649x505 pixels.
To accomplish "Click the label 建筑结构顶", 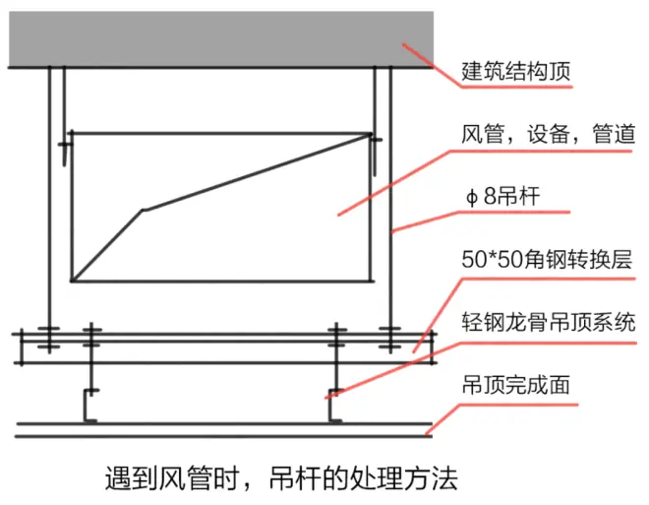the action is click(515, 71).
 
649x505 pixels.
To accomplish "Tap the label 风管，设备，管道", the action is click(548, 134).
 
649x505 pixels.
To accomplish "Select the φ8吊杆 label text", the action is click(502, 196).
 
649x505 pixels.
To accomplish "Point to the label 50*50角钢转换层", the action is click(547, 260).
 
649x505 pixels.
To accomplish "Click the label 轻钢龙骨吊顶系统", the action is click(548, 322).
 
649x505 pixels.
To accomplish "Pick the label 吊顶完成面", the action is click(515, 385).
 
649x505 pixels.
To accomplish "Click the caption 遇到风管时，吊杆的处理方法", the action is click(281, 478).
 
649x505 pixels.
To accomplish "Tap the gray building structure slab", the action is click(221, 39).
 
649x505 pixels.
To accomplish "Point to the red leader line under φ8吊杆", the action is click(481, 221).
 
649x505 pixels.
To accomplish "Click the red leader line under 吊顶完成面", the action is click(501, 419).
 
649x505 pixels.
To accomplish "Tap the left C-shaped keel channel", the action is click(90, 406).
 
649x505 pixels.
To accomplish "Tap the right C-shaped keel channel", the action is click(335, 406).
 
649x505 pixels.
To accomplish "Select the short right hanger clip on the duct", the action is click(375, 154).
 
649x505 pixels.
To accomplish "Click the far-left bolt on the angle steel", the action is click(49, 339).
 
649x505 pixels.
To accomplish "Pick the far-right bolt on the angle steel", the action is click(390, 339).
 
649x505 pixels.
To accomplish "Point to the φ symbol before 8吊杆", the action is click(471, 197).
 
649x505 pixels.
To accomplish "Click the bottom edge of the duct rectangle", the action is click(222, 282).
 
